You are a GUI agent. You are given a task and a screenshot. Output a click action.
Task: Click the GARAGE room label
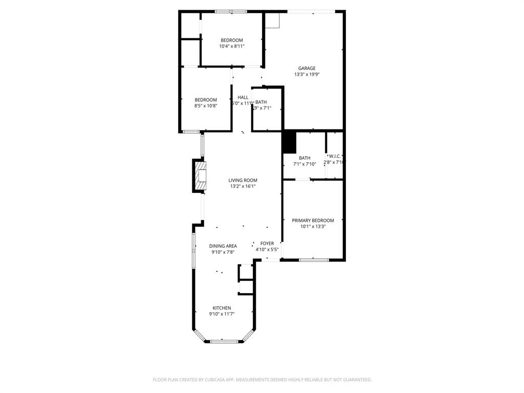click(307, 68)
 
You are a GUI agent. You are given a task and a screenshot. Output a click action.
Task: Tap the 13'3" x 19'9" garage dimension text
click(307, 75)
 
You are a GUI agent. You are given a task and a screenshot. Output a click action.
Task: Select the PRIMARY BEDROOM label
click(313, 221)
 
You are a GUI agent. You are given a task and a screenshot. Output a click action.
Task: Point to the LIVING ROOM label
click(243, 180)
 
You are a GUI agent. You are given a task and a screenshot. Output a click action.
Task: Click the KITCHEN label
click(222, 308)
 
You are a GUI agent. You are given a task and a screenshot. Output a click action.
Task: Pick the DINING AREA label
click(223, 246)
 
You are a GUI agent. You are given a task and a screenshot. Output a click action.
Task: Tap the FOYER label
click(267, 244)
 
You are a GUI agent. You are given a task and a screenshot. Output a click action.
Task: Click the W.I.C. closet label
click(335, 156)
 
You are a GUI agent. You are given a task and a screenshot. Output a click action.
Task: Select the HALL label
click(243, 97)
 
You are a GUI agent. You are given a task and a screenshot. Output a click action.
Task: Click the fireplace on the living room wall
click(200, 176)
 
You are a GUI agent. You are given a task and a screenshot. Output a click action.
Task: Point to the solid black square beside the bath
click(289, 142)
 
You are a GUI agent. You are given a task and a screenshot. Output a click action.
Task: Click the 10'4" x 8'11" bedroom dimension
click(232, 47)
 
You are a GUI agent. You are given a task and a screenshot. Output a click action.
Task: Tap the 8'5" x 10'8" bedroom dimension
click(206, 106)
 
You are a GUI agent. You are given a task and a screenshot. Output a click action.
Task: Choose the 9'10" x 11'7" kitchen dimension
click(222, 314)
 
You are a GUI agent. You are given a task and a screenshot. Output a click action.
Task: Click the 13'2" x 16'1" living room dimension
click(243, 186)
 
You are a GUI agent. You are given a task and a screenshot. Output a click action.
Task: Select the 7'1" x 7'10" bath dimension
click(304, 164)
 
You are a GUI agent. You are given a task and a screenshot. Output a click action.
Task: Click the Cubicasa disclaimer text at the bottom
click(262, 380)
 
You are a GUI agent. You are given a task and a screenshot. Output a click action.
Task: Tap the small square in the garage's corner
click(273, 20)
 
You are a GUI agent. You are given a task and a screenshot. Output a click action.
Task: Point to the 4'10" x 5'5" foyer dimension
click(267, 250)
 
